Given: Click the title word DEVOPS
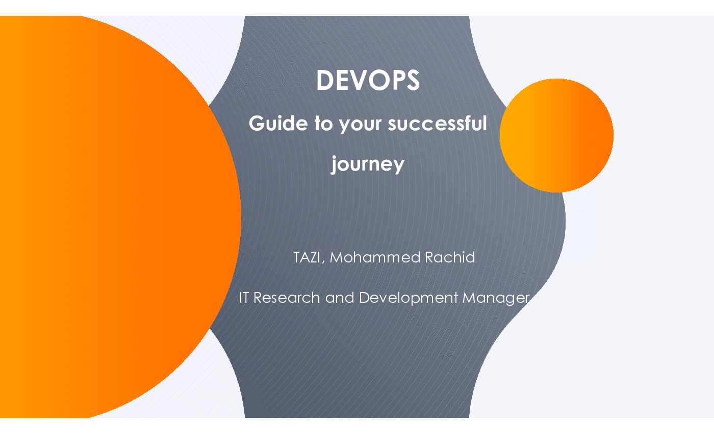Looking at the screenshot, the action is (368, 80).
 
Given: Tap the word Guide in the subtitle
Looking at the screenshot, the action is (278, 123).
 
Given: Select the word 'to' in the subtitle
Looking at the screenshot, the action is (323, 124).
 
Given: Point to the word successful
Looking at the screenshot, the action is (438, 123).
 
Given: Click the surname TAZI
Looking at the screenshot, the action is (307, 257).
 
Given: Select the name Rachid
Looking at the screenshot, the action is (450, 257).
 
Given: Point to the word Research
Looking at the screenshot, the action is (287, 298).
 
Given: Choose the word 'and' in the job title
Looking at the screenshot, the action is (340, 298).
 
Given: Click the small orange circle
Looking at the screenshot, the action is (556, 135).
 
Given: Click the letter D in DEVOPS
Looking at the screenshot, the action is (325, 80).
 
